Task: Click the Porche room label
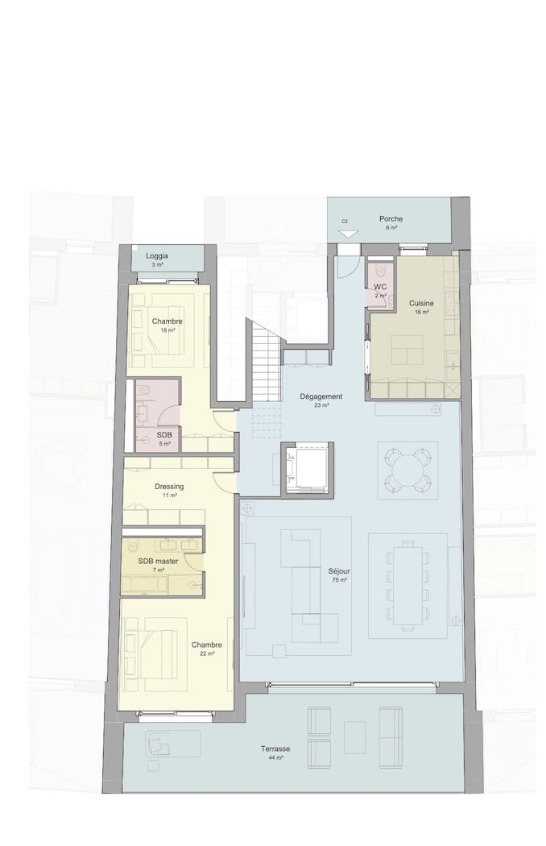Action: click(x=391, y=219)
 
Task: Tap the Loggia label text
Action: click(x=157, y=256)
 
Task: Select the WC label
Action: click(x=380, y=287)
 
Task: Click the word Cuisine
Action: click(x=421, y=303)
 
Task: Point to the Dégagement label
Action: click(x=321, y=396)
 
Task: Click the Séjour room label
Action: click(x=339, y=571)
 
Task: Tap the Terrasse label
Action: click(x=275, y=749)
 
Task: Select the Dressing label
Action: click(x=169, y=487)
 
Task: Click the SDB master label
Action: click(x=158, y=561)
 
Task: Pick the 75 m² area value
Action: click(x=339, y=580)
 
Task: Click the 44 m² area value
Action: click(x=275, y=757)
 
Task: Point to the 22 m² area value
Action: click(x=207, y=653)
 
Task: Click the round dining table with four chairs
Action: click(x=407, y=471)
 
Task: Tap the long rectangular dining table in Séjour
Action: click(x=407, y=586)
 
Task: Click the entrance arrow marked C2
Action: click(x=349, y=234)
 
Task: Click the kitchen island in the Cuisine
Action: click(x=407, y=350)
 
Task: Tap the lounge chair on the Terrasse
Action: click(x=159, y=745)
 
